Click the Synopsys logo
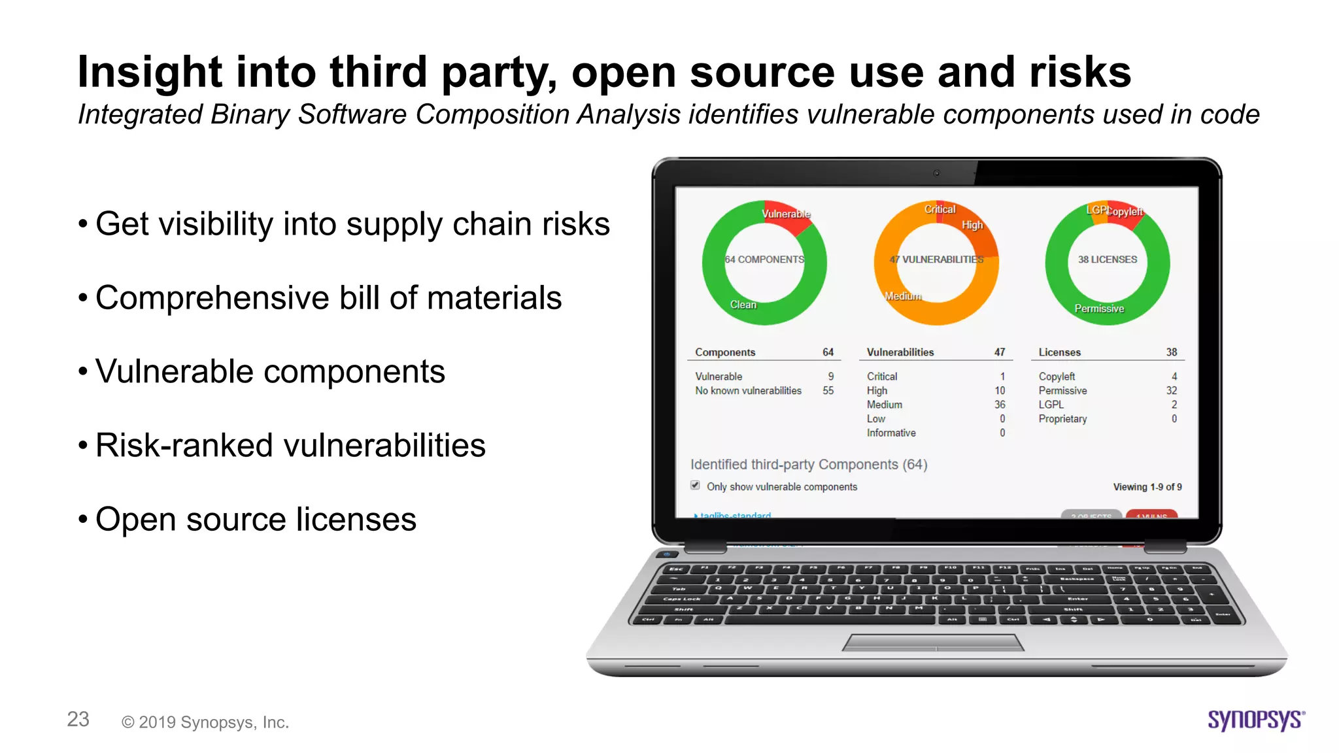click(x=1256, y=720)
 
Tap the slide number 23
click(x=78, y=719)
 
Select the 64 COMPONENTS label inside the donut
click(x=764, y=259)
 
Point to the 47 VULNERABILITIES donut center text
click(x=936, y=259)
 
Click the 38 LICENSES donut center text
click(x=1108, y=259)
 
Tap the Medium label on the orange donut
click(x=903, y=296)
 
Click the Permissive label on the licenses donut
click(x=1099, y=309)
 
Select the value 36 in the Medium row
click(x=1000, y=405)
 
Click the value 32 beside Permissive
click(x=1171, y=390)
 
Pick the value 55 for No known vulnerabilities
click(x=828, y=390)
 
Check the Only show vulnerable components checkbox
click(x=695, y=486)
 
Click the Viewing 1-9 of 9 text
click(x=1147, y=487)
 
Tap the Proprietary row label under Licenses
click(x=1062, y=419)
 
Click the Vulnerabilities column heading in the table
click(x=900, y=352)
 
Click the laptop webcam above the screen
click(x=936, y=173)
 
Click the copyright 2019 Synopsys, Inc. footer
click(x=205, y=722)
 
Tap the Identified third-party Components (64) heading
click(x=809, y=464)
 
